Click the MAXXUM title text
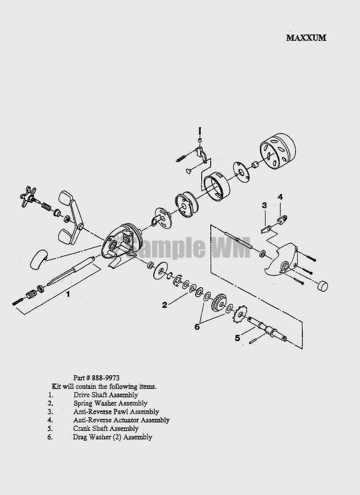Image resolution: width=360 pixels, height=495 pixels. tap(306, 38)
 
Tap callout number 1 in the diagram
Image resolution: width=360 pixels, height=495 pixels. tap(68, 294)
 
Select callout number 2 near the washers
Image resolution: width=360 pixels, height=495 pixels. tap(164, 305)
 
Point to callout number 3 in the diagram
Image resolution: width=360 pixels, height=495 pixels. tap(264, 205)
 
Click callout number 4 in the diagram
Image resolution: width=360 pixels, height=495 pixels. tap(280, 197)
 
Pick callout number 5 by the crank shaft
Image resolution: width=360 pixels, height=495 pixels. tap(237, 338)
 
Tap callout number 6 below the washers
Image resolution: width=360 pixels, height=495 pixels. tap(197, 327)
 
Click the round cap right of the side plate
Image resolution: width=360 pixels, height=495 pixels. tap(322, 286)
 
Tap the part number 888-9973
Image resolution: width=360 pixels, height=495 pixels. tap(96, 377)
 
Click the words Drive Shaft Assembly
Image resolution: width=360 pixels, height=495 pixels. tap(106, 395)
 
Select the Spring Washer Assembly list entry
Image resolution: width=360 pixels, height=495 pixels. tap(110, 403)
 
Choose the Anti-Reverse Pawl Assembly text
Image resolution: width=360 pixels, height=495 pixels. tap(116, 411)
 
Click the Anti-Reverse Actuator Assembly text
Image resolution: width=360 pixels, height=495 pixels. tap(121, 420)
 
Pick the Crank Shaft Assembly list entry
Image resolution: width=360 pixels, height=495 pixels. tap(106, 428)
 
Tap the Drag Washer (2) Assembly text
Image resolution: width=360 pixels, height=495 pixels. tap(113, 437)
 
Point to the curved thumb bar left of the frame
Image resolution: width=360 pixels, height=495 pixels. tap(38, 259)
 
